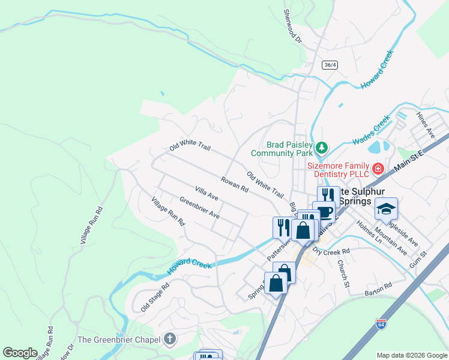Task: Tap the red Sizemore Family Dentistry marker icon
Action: pos(378,169)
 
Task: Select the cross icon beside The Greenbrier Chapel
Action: pos(170,340)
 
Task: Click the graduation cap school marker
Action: pos(386,209)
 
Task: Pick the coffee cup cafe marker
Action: pos(325,212)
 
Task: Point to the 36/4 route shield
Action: pos(328,65)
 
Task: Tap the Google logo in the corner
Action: pos(20,353)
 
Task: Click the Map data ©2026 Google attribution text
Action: pos(411,355)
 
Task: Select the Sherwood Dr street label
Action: pos(292,24)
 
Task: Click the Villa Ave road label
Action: pos(206,193)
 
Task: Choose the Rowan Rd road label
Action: pos(234,184)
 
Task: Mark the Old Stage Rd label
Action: pos(155,297)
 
